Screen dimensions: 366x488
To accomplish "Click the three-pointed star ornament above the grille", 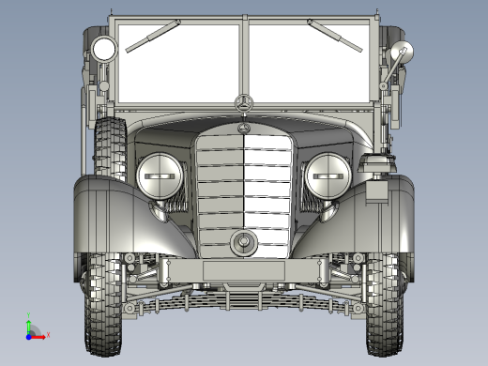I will click(244, 103).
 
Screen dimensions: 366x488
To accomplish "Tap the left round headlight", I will click(160, 175).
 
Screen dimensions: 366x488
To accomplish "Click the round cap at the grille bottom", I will click(244, 244).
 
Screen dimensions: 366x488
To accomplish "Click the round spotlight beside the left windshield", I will click(102, 49).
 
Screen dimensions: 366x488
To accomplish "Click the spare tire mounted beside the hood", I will click(110, 145).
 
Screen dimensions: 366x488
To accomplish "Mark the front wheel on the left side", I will click(104, 300).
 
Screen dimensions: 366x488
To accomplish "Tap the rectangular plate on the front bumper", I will click(244, 271).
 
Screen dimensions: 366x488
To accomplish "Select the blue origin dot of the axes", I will click(29, 334).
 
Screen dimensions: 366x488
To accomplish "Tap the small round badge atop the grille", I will click(244, 128).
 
